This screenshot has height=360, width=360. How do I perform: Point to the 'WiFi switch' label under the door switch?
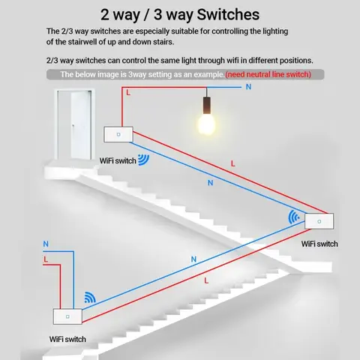pos(118,160)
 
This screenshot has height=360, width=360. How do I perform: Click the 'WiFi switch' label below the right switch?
pos(319,244)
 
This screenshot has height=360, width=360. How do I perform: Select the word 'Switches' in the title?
pos(225,14)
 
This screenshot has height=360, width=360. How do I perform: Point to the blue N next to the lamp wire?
pos(249,87)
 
